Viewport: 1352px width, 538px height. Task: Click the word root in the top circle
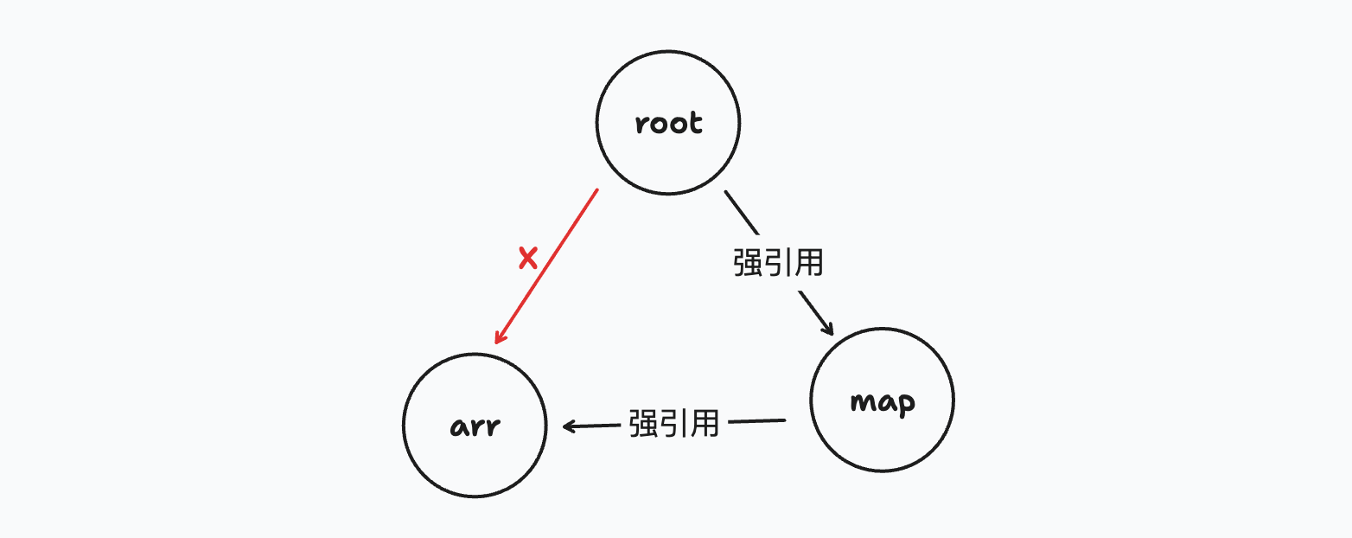click(x=668, y=124)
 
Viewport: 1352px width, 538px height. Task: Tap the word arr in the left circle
click(x=475, y=427)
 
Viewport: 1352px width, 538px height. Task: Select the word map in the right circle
click(x=883, y=402)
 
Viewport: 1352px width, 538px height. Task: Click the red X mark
click(x=527, y=257)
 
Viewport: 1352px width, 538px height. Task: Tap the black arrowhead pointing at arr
click(x=569, y=426)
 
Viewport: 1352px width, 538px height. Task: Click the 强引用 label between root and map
click(x=777, y=263)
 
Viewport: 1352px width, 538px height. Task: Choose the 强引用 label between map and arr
click(x=673, y=423)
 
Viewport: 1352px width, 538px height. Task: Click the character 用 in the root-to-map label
click(x=807, y=263)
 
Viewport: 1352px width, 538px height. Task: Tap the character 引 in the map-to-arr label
click(x=673, y=423)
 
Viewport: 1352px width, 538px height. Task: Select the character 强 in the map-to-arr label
click(x=644, y=423)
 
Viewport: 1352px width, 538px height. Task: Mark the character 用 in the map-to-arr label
click(x=705, y=423)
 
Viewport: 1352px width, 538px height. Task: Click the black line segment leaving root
click(x=741, y=212)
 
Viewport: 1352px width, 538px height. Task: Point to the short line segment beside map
click(x=756, y=421)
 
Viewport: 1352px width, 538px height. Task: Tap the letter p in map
click(x=905, y=405)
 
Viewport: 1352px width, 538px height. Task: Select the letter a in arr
click(x=458, y=428)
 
